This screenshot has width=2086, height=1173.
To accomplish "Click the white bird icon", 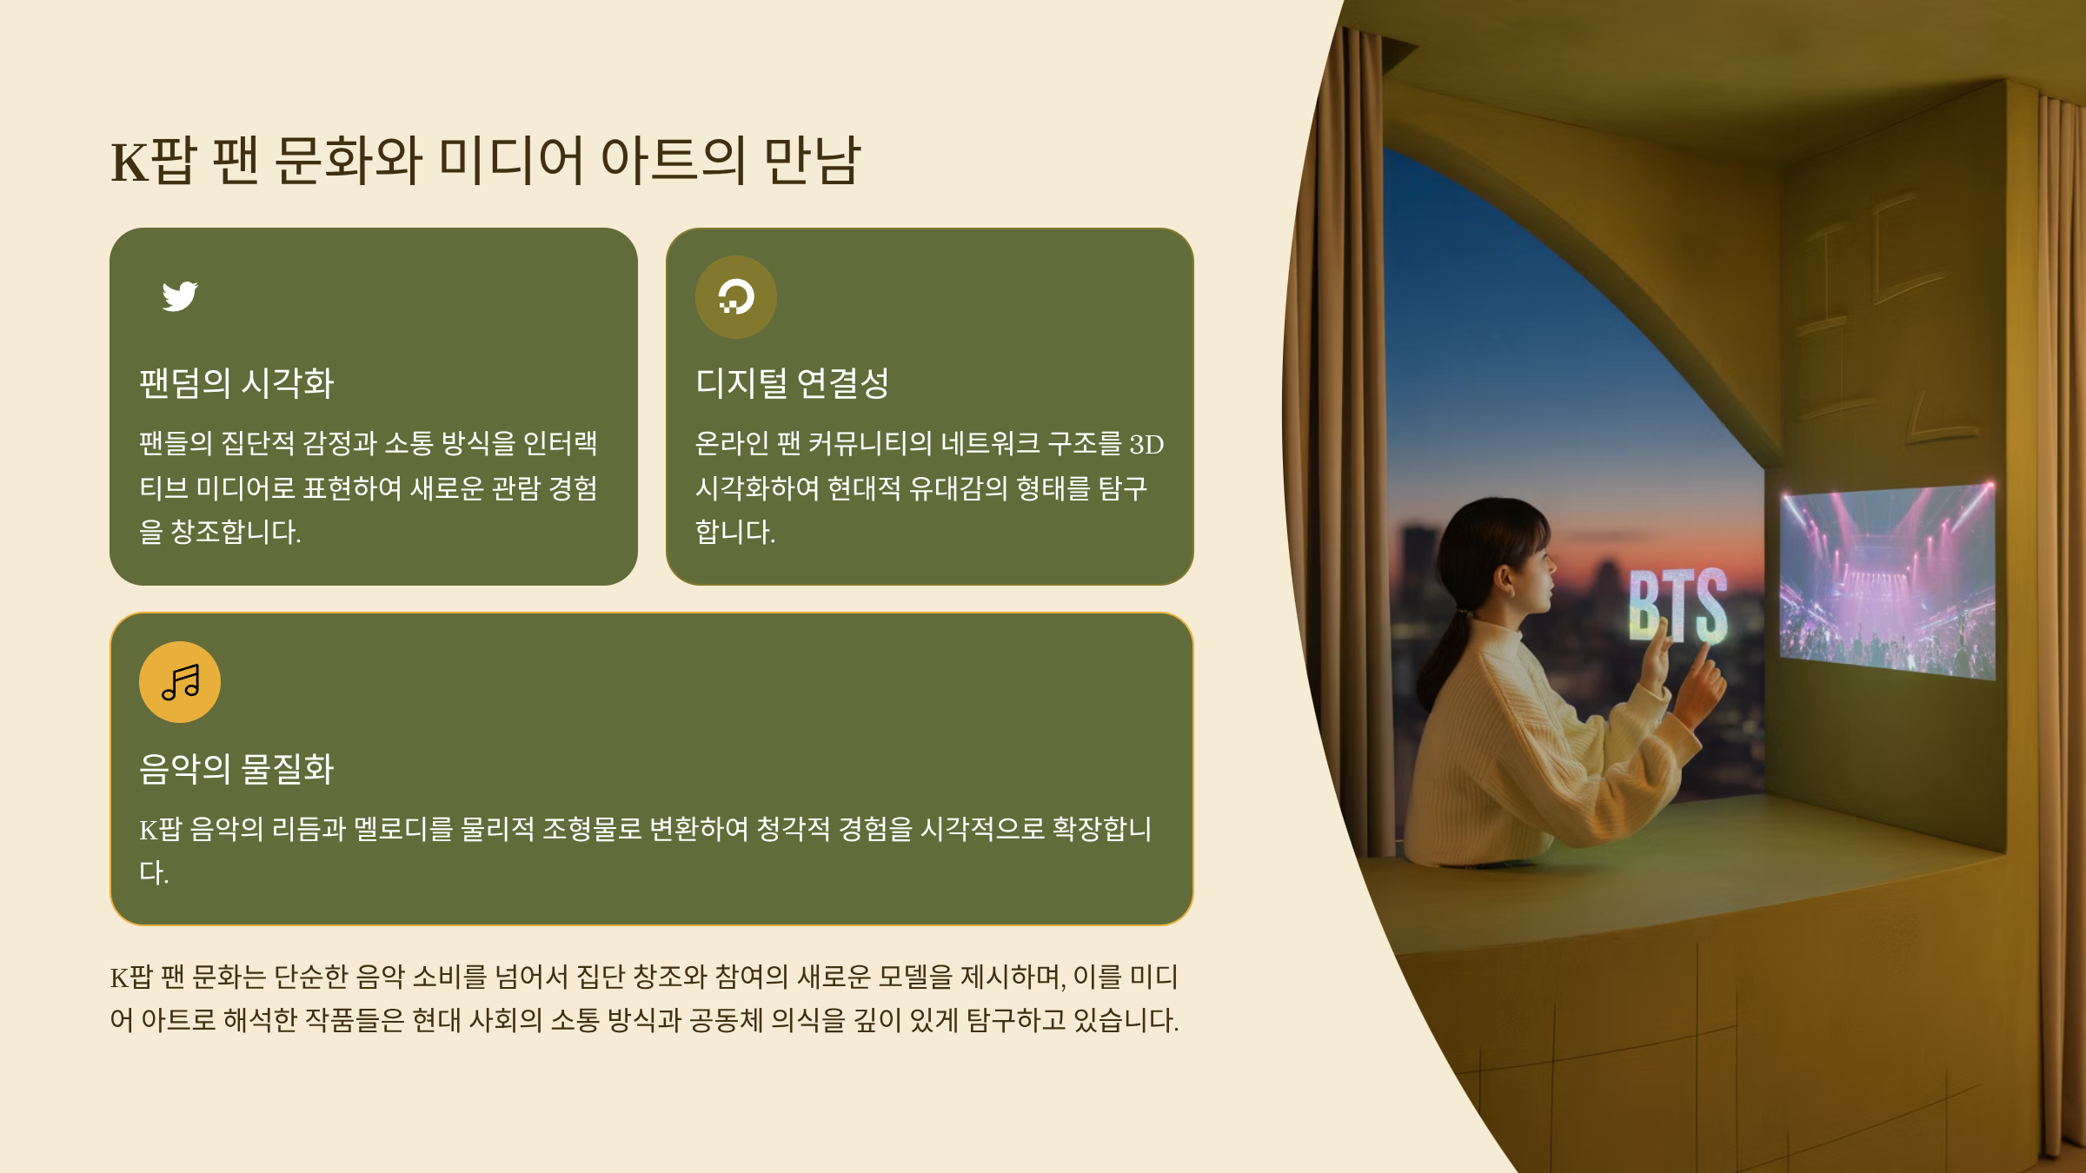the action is [x=180, y=296].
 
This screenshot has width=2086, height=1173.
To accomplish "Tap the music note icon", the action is [x=181, y=682].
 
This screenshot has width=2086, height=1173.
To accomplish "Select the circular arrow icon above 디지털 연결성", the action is [x=736, y=296].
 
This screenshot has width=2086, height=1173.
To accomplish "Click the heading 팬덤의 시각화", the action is [x=236, y=383].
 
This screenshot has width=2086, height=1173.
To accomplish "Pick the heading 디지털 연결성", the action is [x=792, y=383].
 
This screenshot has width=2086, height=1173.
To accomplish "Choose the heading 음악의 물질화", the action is [x=236, y=769].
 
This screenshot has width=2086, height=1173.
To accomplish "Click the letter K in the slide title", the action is [x=130, y=162].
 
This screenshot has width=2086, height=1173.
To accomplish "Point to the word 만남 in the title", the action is [x=812, y=160].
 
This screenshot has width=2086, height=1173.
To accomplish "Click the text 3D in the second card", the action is [x=1146, y=445].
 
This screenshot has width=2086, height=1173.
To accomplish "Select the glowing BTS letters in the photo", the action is [x=1677, y=605].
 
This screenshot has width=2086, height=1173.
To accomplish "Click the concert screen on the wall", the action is [x=1887, y=580].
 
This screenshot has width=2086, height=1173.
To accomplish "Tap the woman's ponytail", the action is [x=1446, y=660].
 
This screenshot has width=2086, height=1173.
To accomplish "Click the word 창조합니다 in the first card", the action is [x=236, y=532].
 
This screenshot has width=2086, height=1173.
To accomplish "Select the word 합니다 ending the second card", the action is [x=735, y=532].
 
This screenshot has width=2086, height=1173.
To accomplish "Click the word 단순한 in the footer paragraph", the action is [x=311, y=977].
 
